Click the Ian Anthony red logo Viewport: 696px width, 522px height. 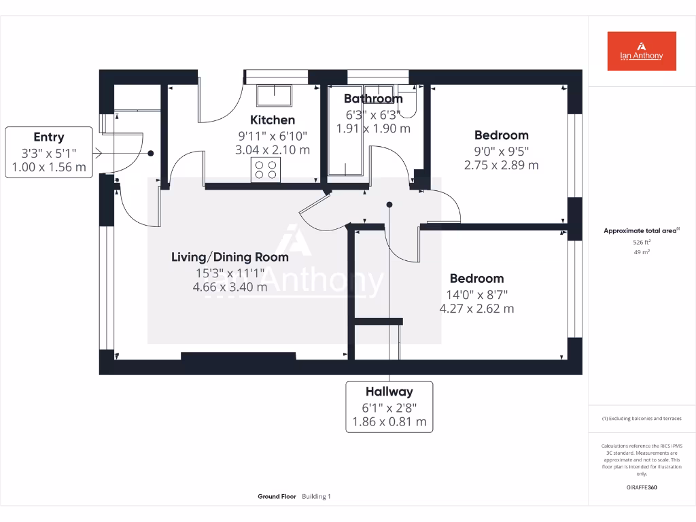point(642,51)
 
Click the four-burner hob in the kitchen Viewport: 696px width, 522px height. point(266,169)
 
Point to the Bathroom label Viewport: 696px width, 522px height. point(372,99)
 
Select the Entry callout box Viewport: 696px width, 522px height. point(49,152)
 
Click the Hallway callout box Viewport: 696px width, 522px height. point(389,406)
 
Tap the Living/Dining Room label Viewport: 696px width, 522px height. point(230,257)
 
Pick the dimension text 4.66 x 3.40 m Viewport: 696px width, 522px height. point(230,287)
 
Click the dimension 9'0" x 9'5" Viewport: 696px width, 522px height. point(501,150)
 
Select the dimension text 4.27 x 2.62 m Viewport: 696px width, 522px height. point(476,309)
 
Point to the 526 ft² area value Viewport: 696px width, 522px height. point(642,241)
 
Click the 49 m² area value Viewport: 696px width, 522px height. point(642,252)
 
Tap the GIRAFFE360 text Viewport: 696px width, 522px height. point(642,487)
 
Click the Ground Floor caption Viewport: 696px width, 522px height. point(277,497)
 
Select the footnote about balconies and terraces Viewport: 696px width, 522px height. point(642,419)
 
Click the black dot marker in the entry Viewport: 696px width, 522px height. point(151,154)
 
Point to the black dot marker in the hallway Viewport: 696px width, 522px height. point(389,204)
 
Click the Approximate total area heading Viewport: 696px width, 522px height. point(640,231)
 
